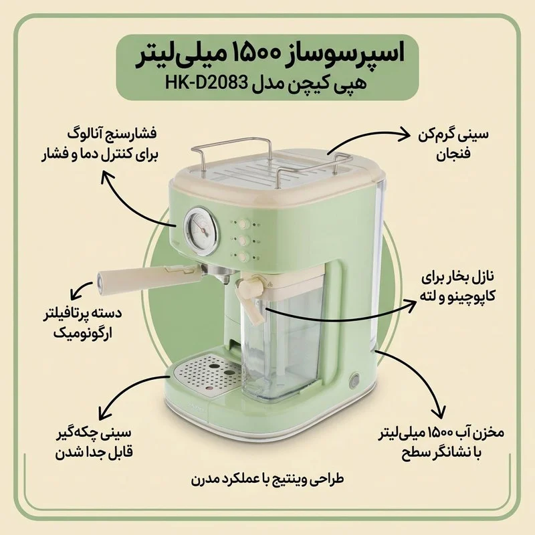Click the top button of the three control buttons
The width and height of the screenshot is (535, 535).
[x=245, y=225]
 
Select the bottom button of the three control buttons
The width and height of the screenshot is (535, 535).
[x=245, y=255]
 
